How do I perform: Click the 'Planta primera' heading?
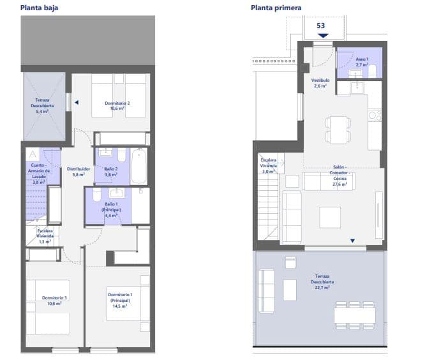[x=276, y=8]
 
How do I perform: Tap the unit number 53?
[x=321, y=26]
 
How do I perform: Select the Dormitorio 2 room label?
[x=117, y=106]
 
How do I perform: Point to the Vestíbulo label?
[x=320, y=83]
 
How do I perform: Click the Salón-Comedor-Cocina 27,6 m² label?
[x=338, y=176]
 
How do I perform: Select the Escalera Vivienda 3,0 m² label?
[x=268, y=165]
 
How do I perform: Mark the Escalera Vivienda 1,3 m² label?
[x=45, y=236]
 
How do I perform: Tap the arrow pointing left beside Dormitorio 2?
[x=75, y=101]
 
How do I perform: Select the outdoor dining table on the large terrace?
[x=354, y=315]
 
